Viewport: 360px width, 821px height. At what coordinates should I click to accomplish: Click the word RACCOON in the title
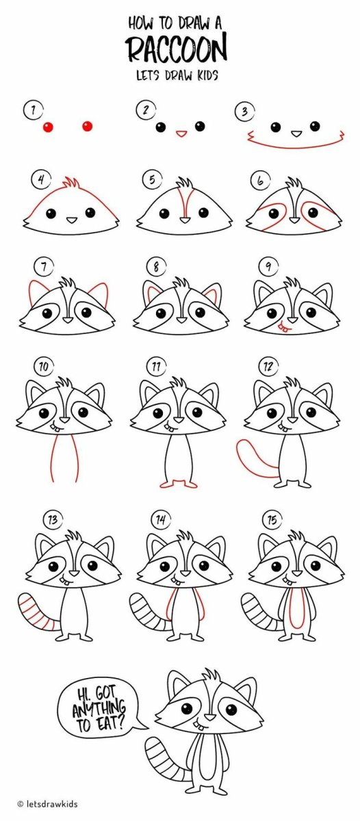point(176,49)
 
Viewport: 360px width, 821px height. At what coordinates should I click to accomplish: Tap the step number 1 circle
point(31,109)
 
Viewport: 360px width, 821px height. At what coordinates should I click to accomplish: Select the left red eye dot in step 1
point(48,127)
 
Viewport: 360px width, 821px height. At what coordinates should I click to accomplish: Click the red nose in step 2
point(181,133)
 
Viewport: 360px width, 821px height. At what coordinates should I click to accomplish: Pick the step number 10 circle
point(43,367)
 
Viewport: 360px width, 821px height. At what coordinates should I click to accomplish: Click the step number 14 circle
point(161,520)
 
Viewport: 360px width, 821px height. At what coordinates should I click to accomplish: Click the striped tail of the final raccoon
point(168,759)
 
